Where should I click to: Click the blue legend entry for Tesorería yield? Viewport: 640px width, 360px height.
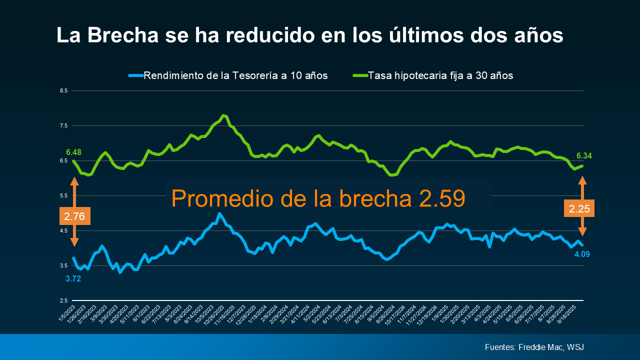click(235, 76)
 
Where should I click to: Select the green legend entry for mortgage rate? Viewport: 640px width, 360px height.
click(440, 76)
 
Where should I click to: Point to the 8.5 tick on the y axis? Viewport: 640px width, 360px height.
click(63, 91)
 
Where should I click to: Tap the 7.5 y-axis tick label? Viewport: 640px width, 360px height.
click(63, 126)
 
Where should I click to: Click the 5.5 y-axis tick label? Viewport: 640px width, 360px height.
click(63, 195)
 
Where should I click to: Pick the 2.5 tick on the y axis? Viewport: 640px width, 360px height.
click(63, 300)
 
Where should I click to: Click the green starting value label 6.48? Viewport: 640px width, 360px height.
click(73, 152)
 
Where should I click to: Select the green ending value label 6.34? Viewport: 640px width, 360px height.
click(584, 156)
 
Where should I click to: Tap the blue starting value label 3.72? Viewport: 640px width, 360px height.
click(73, 279)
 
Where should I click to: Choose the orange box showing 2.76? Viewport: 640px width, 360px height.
click(74, 216)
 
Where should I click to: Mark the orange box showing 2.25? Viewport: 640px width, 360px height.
click(579, 208)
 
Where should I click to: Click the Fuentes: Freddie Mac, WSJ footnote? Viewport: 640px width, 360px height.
click(534, 347)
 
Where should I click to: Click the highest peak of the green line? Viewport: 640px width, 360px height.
click(223, 115)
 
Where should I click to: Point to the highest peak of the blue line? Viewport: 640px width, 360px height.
click(219, 213)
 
